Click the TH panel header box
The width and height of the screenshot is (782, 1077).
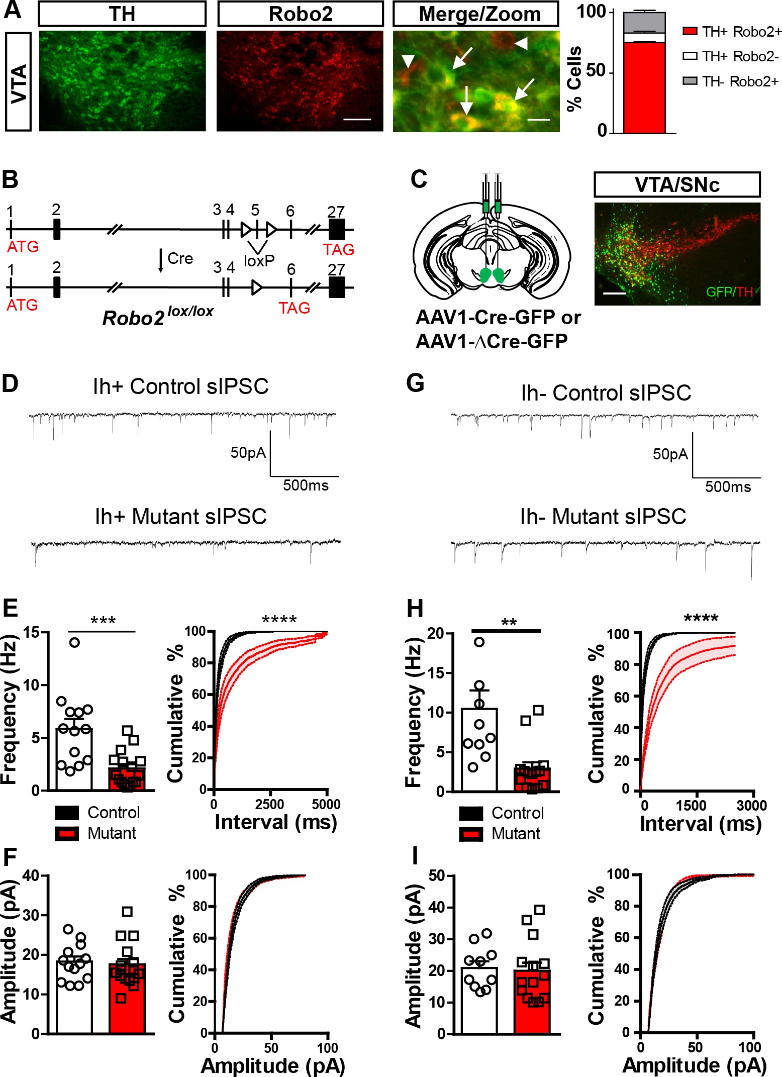122,14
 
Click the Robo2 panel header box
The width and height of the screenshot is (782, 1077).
300,14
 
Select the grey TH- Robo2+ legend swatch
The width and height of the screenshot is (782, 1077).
690,80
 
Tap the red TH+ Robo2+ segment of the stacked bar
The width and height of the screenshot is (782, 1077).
644,88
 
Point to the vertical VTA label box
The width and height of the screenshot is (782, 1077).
19,81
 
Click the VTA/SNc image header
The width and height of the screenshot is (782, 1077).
676,185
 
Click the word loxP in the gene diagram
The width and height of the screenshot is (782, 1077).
259,261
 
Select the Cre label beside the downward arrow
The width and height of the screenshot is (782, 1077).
180,258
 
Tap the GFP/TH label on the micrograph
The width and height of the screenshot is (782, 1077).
729,291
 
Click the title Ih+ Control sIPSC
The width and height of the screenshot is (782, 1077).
181,386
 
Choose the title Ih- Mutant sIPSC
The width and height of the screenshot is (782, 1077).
603,516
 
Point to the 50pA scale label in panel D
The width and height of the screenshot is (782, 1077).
248,453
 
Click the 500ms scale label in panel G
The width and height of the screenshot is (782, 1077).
727,486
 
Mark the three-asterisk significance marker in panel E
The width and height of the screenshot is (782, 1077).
103,621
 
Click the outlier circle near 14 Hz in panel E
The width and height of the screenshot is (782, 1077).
74,642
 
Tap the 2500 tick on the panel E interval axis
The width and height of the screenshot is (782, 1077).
270,805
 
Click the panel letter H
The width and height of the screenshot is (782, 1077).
415,609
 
